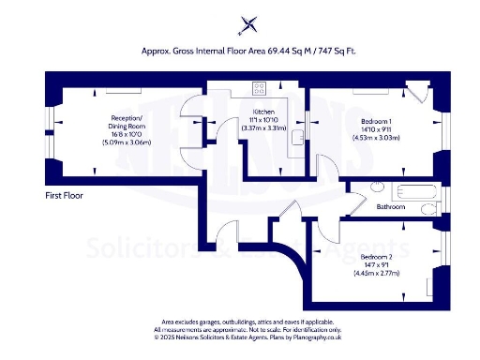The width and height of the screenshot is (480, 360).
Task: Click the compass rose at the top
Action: [248, 25]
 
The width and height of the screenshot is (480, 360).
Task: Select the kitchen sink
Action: [296, 137]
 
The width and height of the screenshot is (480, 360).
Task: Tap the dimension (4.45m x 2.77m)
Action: [380, 273]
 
